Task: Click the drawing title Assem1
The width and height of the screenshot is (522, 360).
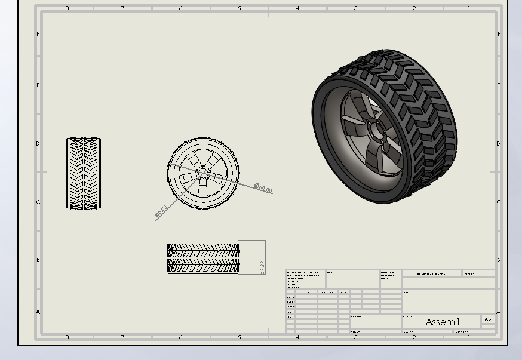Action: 443,322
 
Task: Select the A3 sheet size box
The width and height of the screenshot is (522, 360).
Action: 488,319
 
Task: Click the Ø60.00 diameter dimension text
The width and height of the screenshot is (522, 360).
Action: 263,189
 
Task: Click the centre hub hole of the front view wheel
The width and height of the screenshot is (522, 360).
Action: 203,173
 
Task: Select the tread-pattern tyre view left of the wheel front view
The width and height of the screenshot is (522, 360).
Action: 84,173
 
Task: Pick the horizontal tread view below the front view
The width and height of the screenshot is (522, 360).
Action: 203,258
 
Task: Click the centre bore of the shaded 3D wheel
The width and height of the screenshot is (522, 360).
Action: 376,129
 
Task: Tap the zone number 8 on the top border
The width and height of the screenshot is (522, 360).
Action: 67,8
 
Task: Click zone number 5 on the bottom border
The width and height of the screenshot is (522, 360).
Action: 239,337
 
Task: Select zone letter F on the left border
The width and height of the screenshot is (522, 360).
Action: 38,34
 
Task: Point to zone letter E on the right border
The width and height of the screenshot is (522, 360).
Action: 499,85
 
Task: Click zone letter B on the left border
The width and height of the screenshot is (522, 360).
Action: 38,260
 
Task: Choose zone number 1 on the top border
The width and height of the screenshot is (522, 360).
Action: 469,8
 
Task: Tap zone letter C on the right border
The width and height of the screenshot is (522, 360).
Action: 499,202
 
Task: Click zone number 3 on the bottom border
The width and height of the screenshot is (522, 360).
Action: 356,337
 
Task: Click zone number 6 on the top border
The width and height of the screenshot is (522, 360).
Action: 181,8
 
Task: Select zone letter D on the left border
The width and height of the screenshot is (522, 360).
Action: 38,144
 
